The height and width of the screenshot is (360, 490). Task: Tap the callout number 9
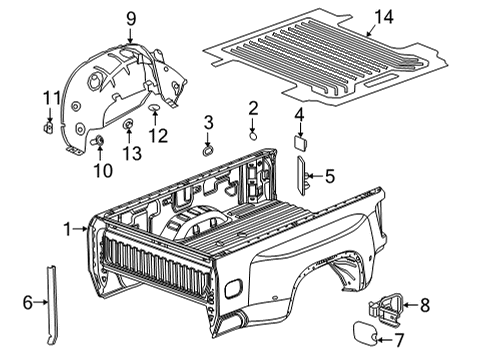[130, 17]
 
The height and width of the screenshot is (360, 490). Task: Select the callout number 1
[68, 229]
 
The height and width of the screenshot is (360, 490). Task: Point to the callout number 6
[28, 303]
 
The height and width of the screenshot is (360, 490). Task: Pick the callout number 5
[329, 177]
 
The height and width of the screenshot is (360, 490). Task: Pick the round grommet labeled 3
[207, 151]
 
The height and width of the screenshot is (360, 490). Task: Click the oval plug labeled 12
[157, 106]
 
